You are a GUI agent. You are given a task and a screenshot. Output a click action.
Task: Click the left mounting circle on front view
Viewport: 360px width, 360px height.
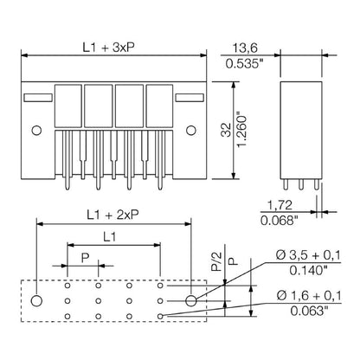pyautogui.click(x=35, y=131)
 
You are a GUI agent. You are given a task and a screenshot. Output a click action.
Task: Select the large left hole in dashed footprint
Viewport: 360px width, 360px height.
pyautogui.click(x=35, y=300)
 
